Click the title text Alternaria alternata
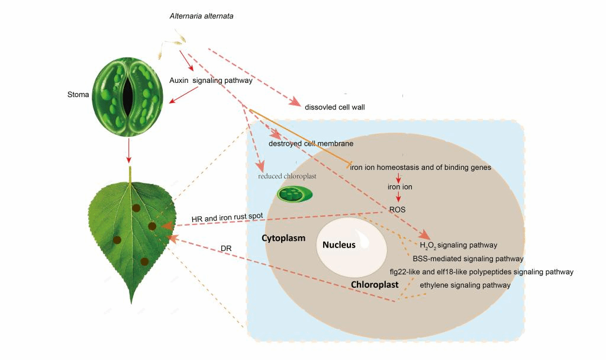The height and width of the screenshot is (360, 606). [201, 16]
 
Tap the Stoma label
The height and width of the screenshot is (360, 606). [78, 94]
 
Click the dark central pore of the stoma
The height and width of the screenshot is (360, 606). [128, 94]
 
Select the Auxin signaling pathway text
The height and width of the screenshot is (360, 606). [211, 81]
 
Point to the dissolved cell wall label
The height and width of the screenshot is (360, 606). [334, 107]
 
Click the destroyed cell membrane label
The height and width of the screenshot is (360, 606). [311, 143]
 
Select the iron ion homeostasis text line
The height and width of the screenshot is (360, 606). [420, 168]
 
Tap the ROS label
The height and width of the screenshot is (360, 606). [397, 209]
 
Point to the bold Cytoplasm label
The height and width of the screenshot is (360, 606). [283, 239]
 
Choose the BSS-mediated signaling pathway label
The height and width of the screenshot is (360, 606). [468, 259]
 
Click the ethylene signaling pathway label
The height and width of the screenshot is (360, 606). [465, 285]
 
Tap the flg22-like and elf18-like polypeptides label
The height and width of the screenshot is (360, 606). [481, 272]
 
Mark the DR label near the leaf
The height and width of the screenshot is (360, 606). [225, 248]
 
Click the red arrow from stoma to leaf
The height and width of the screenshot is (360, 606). [128, 152]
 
